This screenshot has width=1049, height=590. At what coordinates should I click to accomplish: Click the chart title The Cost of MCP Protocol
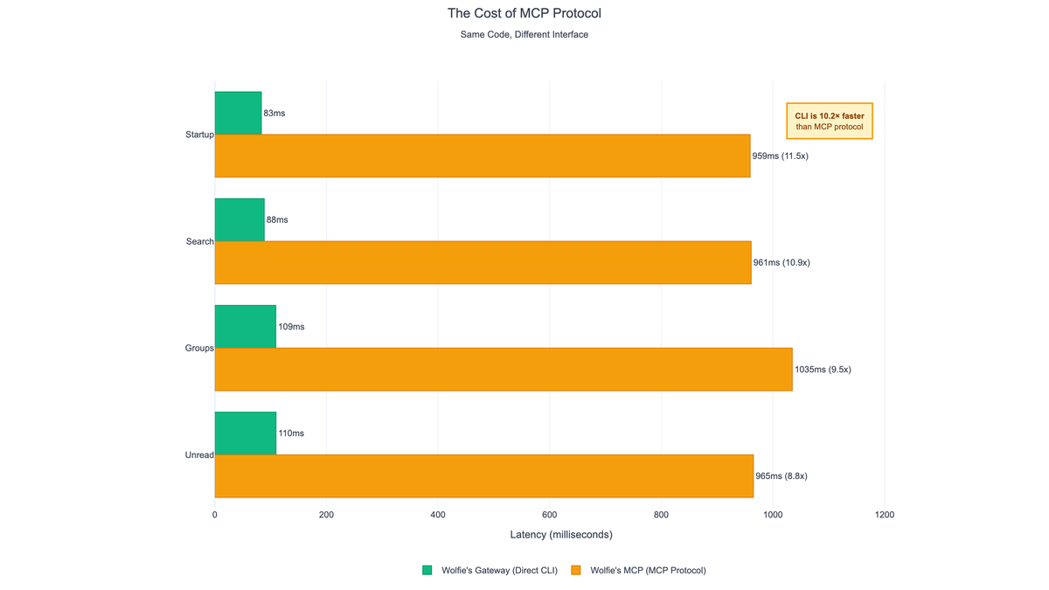click(x=524, y=14)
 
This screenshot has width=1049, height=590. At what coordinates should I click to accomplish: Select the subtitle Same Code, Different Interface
click(x=524, y=35)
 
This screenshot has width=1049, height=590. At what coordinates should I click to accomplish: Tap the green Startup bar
click(x=238, y=113)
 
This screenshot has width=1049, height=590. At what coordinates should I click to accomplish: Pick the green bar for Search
click(x=240, y=219)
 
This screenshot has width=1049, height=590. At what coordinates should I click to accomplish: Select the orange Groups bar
click(x=504, y=369)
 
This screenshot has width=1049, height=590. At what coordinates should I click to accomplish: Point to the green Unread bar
click(x=246, y=434)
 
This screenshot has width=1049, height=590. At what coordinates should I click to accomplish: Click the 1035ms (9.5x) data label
click(x=823, y=370)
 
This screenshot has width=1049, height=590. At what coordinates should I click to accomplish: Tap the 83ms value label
click(x=274, y=114)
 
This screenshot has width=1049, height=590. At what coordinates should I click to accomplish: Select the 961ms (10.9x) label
click(x=782, y=263)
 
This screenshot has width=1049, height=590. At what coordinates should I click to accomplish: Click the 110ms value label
click(x=291, y=434)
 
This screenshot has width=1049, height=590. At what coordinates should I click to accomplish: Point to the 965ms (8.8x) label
click(x=782, y=476)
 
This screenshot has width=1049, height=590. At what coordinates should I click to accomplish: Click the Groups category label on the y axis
click(x=199, y=348)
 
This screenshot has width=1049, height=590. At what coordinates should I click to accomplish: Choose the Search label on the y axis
click(x=199, y=241)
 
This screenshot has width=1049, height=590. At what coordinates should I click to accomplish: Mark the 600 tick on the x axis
click(x=549, y=515)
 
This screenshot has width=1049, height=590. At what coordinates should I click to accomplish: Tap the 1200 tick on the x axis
click(x=884, y=515)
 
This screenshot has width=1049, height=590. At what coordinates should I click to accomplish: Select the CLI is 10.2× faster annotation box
click(x=830, y=121)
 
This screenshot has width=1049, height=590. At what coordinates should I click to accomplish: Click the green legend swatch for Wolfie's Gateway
click(x=427, y=570)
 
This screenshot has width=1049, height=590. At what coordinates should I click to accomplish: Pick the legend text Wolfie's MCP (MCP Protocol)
click(x=648, y=570)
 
